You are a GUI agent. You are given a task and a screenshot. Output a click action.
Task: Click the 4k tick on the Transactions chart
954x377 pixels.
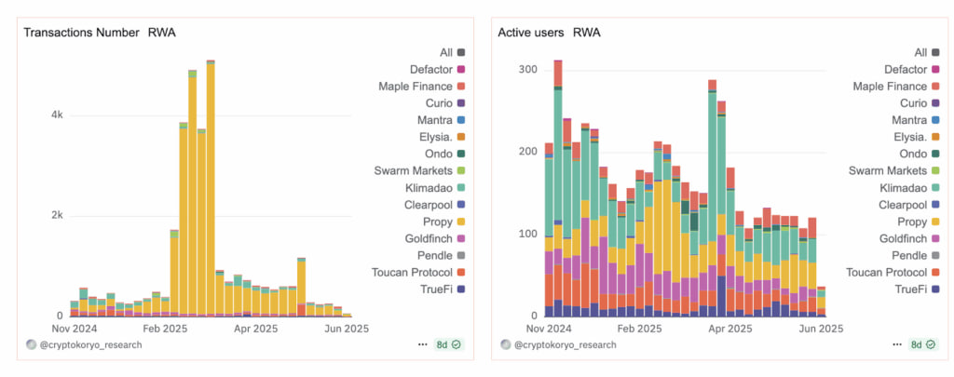[56, 115]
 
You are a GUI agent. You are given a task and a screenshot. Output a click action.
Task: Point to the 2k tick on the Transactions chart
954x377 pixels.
[56, 216]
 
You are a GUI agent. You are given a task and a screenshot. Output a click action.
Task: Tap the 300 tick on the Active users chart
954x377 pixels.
[527, 70]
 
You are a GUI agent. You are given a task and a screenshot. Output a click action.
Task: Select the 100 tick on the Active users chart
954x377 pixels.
[527, 233]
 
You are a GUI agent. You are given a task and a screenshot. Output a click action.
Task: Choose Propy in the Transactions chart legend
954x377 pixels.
[436, 222]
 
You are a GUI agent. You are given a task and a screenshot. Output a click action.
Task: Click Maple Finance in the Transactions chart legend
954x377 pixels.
[416, 87]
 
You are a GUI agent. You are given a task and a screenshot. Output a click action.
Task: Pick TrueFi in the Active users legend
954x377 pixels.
[909, 289]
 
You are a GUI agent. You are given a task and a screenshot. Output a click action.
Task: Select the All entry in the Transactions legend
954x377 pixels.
[445, 52]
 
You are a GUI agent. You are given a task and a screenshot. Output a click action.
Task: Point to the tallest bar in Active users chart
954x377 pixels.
[557, 186]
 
